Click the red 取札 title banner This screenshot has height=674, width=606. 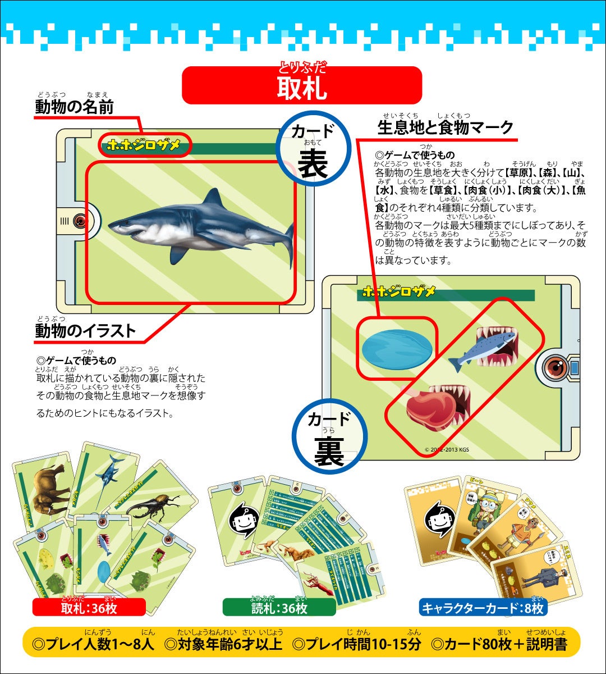(x=302, y=85)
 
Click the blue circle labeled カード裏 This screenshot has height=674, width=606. (x=329, y=438)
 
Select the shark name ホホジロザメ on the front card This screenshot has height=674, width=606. (x=145, y=145)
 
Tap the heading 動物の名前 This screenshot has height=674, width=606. (x=74, y=107)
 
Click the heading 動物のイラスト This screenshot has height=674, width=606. (x=85, y=331)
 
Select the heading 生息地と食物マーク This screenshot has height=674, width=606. (x=446, y=127)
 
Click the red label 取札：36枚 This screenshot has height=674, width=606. (x=89, y=608)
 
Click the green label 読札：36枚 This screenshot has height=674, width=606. (x=279, y=608)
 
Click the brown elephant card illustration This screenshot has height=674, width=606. (x=43, y=488)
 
